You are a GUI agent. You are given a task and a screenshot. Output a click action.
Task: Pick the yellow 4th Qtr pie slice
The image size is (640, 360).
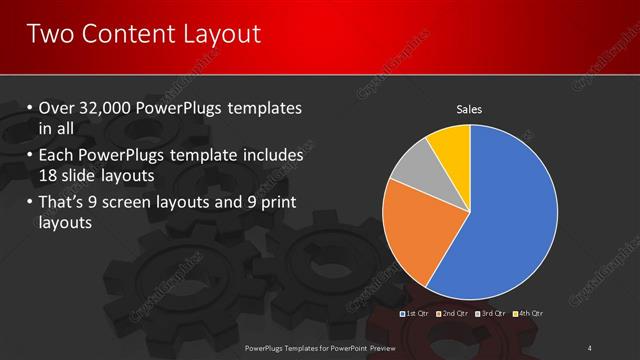[x=451, y=146]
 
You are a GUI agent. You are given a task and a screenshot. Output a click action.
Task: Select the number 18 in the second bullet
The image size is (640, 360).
[x=48, y=176]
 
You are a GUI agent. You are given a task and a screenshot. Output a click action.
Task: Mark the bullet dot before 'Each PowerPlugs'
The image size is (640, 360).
[x=29, y=157]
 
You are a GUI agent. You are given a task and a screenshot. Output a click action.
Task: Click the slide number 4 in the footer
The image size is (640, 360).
[x=590, y=347]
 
